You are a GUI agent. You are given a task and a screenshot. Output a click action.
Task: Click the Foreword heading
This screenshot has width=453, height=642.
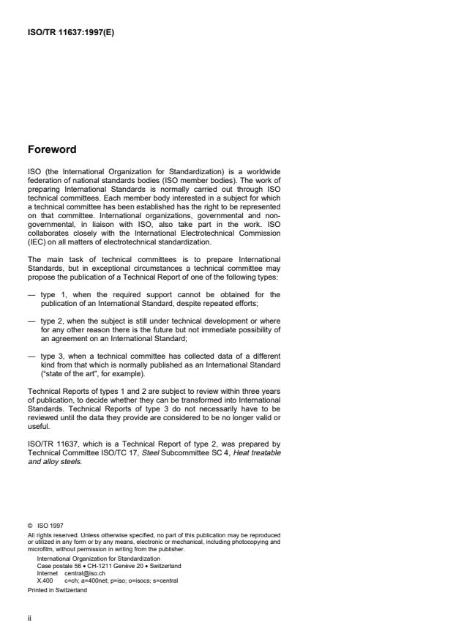(52, 149)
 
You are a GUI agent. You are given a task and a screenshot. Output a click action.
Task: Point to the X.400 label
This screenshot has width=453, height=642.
(45, 580)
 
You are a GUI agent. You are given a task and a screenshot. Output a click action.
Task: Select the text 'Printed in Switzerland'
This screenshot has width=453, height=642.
(57, 589)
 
